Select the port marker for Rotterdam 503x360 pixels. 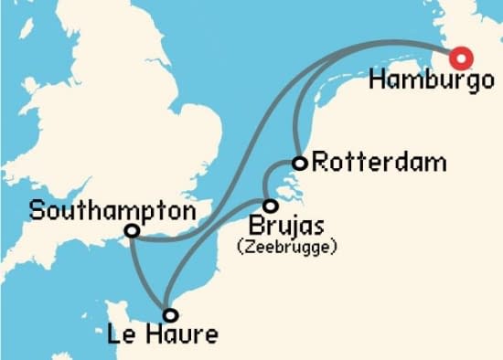[x=298, y=164]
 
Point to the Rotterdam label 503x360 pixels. [x=379, y=164]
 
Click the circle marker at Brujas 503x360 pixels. [x=270, y=206]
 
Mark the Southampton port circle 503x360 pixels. [x=133, y=231]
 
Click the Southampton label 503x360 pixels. [x=112, y=211]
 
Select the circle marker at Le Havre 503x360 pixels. [x=169, y=314]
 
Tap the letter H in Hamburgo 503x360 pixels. [x=378, y=80]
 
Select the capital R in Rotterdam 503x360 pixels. [x=320, y=164]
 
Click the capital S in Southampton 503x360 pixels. [x=37, y=211]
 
